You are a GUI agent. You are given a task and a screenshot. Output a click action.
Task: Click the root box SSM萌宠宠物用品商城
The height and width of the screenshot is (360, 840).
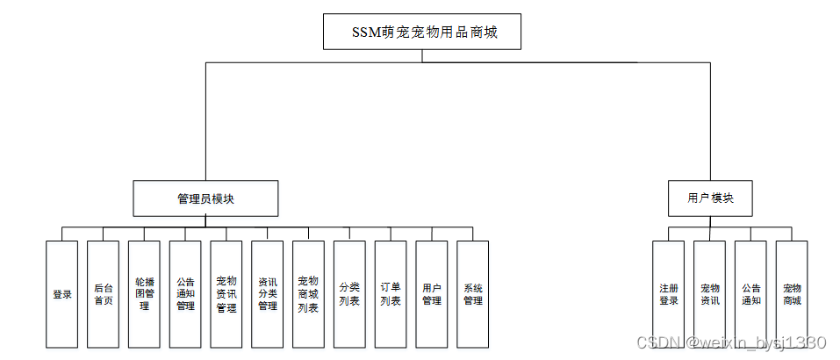421,32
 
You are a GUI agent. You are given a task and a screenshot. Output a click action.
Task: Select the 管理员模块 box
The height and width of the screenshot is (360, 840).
205,198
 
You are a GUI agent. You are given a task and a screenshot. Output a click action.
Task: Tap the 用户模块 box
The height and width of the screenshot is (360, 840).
710,198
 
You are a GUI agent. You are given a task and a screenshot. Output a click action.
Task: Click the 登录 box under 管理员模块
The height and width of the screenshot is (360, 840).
61,294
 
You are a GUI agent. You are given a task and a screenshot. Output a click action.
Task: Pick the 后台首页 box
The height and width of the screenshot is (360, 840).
103,294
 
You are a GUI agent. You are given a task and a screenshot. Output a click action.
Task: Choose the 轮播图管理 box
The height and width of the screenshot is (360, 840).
144,294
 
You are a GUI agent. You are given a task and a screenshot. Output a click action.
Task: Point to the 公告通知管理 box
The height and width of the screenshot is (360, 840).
185,294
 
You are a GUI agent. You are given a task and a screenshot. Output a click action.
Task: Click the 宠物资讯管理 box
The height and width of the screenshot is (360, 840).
226,294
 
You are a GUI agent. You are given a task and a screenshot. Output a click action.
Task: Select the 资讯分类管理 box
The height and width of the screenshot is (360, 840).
267,294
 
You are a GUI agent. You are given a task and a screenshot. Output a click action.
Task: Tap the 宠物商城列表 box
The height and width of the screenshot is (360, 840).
308,294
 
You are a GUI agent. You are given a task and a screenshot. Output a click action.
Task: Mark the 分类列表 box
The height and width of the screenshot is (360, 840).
349,294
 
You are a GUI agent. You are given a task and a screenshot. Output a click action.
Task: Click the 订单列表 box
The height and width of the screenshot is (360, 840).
391,294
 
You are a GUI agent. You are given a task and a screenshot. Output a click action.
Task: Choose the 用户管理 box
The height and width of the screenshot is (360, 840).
431,294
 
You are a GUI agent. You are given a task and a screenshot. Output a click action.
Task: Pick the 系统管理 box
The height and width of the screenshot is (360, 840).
472,294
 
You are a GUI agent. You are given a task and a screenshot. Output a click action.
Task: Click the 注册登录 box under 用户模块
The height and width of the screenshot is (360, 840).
669,294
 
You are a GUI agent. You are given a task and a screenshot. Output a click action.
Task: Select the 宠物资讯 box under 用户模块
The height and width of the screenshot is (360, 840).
709,294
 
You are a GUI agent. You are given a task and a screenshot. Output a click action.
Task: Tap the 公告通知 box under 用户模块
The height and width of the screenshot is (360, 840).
750,294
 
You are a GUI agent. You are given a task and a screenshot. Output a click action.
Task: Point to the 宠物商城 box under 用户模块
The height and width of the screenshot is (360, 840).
792,294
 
